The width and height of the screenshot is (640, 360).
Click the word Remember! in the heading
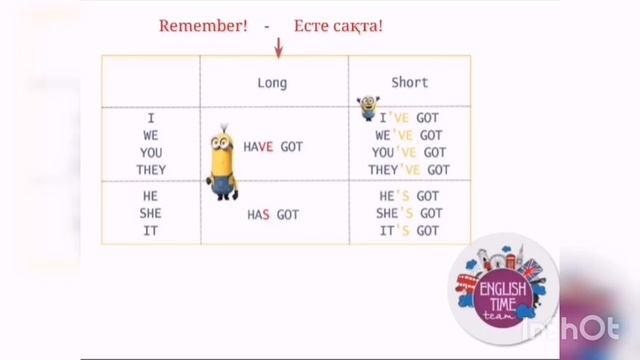[203, 25]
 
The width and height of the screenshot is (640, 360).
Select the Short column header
[410, 83]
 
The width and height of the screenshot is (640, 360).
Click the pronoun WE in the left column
[151, 135]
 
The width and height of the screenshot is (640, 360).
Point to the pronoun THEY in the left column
[151, 170]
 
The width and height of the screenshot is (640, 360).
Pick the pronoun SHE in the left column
[151, 213]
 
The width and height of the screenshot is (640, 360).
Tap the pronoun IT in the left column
[151, 231]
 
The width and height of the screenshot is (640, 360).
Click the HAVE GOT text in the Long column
[273, 147]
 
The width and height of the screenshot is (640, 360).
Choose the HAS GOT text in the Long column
[273, 214]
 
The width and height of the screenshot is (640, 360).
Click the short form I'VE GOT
[414, 117]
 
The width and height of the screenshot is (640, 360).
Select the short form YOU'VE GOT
[410, 152]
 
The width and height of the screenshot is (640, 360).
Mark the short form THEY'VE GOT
[410, 170]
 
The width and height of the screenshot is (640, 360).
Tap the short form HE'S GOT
[410, 196]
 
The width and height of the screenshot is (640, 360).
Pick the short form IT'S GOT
[410, 231]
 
